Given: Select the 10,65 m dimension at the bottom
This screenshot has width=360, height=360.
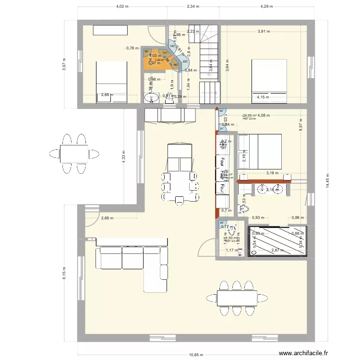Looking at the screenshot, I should click(195, 355).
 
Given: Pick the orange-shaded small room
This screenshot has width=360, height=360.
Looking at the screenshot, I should click(153, 60).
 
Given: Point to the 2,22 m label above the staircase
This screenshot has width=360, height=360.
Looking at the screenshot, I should click(192, 32).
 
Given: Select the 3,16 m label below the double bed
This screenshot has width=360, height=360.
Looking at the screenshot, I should click(272, 173).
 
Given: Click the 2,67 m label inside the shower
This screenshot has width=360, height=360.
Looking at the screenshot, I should click(278, 251).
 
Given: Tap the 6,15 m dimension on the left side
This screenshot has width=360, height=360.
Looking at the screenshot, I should click(64, 274).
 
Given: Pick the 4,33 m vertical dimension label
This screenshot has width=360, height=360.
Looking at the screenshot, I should click(123, 156).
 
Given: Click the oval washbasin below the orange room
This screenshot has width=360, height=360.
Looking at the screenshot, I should click(153, 98).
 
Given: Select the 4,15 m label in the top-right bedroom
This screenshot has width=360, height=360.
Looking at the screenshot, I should click(263, 97).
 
